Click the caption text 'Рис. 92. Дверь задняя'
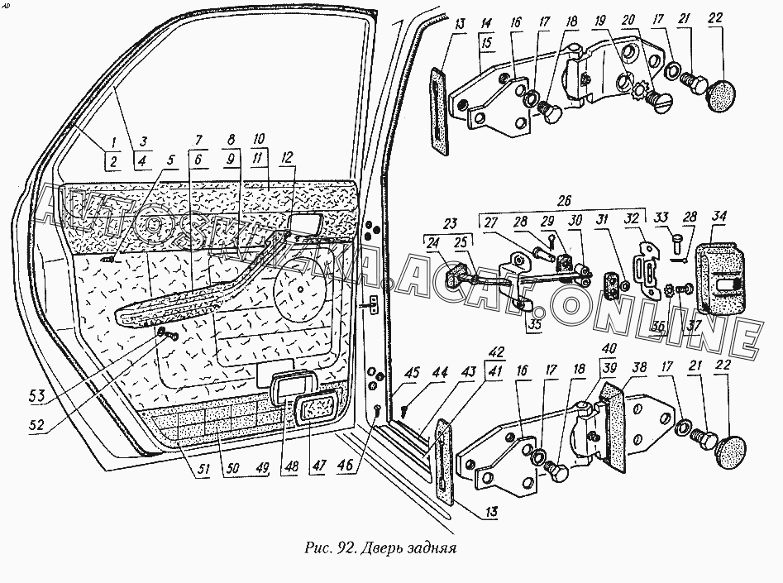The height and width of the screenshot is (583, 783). (380, 547)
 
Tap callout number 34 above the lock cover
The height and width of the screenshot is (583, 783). (718, 217)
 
